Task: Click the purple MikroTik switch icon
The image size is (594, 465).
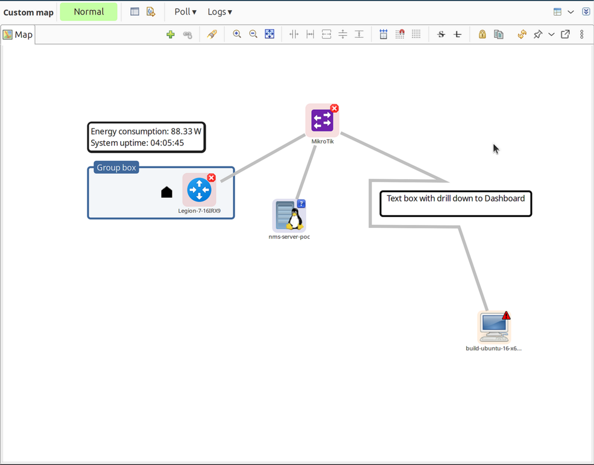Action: pos(322,121)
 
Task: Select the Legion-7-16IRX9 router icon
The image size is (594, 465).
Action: pos(199,190)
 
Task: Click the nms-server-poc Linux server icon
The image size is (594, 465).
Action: pos(289,216)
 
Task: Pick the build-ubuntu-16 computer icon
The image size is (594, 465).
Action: pos(494,327)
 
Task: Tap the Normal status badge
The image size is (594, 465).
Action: pos(89,12)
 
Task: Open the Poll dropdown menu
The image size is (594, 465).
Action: pos(185,12)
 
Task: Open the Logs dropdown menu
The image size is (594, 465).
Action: pos(220,12)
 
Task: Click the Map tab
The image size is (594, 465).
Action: pos(18,34)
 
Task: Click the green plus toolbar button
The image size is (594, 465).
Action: pos(171,34)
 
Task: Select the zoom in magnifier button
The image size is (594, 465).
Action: pos(237,34)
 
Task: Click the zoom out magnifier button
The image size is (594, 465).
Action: pos(253,34)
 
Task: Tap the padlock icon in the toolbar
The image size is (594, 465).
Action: pos(482,34)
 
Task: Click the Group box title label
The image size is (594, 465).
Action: pos(116,168)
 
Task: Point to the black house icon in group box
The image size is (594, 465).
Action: pos(167,192)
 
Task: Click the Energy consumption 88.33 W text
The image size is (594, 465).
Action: pos(145,131)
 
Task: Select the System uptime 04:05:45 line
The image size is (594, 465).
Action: pos(137,144)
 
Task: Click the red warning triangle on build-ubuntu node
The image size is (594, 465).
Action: pos(506,315)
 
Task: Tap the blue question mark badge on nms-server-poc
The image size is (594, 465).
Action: pos(302,204)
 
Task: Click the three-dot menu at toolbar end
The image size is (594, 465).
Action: pos(581,34)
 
